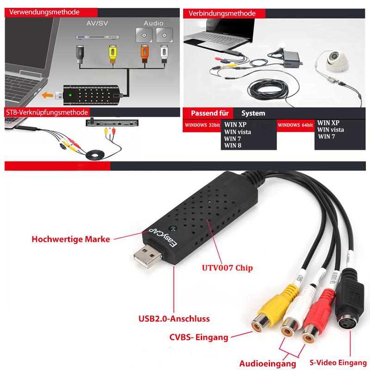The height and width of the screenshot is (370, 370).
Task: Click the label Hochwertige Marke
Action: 71,240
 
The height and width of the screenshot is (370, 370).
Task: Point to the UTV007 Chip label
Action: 227,268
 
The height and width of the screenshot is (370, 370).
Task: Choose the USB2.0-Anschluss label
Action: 174,319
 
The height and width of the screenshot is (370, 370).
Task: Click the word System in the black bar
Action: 253,113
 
